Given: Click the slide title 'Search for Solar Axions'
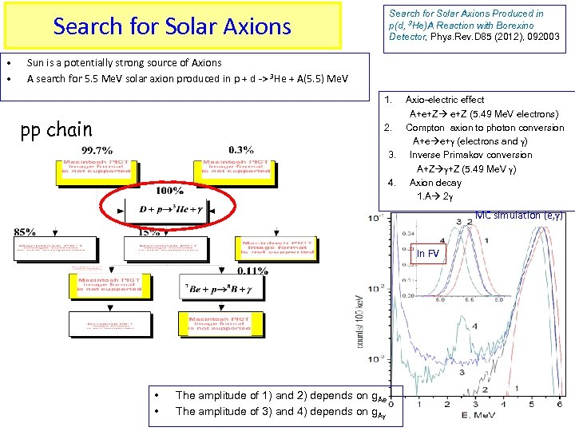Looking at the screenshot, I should (x=172, y=26).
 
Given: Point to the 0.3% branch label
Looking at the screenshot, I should (x=240, y=149).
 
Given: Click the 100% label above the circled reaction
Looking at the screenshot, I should (x=169, y=192).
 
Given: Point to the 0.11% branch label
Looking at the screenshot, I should (x=252, y=271).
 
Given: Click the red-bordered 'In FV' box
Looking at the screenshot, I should (x=427, y=254).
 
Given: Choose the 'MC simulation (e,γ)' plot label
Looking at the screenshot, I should (x=519, y=215).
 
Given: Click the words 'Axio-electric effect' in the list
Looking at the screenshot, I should (x=445, y=100).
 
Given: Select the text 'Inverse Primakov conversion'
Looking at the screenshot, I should (x=470, y=155).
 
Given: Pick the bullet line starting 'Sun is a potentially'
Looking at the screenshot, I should (x=125, y=62).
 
